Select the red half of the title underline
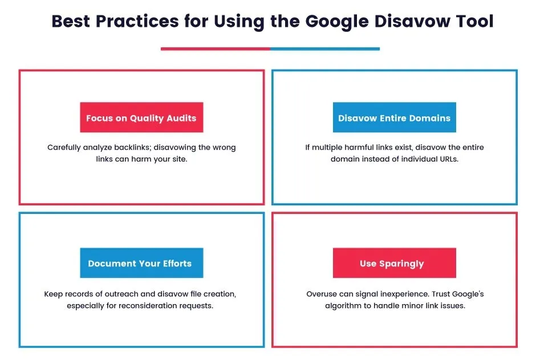(215, 49)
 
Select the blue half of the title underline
(324, 49)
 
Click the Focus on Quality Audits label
(141, 118)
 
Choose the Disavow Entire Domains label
(394, 118)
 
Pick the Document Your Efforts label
(140, 264)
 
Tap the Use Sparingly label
(394, 264)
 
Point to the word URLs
(447, 159)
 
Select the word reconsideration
(159, 306)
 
